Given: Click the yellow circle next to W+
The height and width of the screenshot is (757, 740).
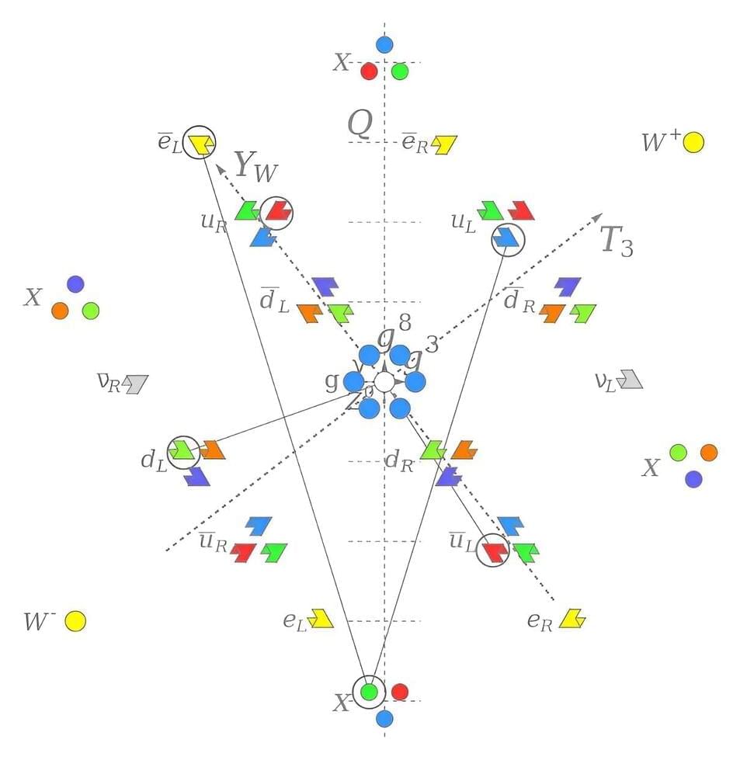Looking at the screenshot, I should (693, 143).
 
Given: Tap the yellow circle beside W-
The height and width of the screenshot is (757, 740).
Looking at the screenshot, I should (75, 621).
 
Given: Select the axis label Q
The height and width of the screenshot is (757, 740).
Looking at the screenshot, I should (360, 123).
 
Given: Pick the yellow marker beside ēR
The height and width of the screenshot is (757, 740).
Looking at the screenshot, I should (445, 144).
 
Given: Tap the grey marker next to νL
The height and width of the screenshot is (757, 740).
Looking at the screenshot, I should (631, 379).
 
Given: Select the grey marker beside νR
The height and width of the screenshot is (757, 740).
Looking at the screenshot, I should (136, 383).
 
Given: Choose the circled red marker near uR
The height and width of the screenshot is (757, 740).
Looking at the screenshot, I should (276, 211).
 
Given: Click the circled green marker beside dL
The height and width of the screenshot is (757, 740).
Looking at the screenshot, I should (182, 450).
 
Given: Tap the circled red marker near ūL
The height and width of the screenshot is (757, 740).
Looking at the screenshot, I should (493, 550).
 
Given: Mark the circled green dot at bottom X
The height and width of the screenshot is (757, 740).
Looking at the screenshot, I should (370, 690).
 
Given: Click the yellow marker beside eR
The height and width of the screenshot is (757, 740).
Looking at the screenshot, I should (572, 618).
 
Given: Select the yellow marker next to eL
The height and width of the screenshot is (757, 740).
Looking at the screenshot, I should (320, 618).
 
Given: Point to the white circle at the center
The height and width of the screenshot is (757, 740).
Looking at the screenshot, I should (384, 381).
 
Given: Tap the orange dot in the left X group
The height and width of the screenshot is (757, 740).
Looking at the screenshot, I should (60, 311).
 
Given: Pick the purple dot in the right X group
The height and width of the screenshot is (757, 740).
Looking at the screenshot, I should (693, 479).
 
